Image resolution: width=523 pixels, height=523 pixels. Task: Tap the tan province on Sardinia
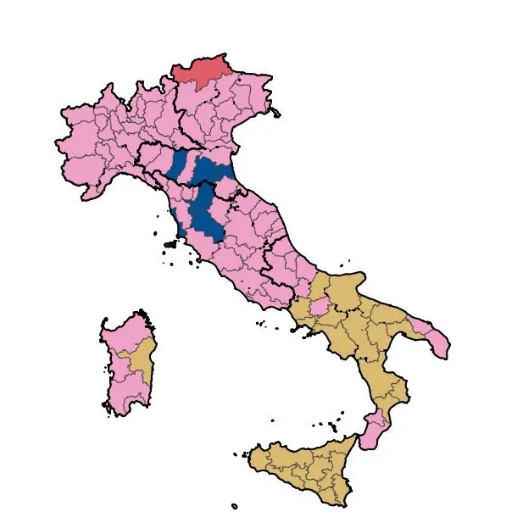coord(141,361)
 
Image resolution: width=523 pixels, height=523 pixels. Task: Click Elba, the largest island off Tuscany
coord(170,244)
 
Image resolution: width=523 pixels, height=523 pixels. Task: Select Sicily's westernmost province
coord(264,462)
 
